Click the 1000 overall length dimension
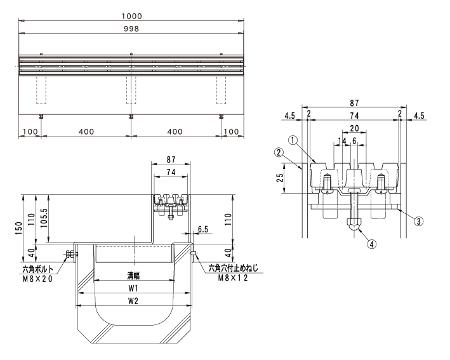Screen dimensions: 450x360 tap(131, 16)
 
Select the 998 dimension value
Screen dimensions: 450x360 tap(131, 29)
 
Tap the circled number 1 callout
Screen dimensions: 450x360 tap(293, 140)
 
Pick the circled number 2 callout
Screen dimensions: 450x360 tap(279, 152)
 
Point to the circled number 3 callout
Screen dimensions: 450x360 tap(419, 221)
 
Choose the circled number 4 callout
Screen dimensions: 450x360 tap(372, 244)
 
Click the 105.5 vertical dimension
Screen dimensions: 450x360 tap(43, 218)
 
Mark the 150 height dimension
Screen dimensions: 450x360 tap(18, 228)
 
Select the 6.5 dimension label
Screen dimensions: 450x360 tap(203, 229)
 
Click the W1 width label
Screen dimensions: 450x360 tap(133, 288)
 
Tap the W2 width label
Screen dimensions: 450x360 tap(133, 300)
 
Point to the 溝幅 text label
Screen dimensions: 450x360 tap(133, 276)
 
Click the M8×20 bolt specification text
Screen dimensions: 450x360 tap(37, 279)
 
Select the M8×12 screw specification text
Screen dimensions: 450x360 tap(233, 277)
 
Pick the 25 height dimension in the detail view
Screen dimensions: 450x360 tap(281, 178)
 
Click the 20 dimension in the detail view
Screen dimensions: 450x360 tap(354, 128)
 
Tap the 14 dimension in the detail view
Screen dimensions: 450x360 tap(342, 141)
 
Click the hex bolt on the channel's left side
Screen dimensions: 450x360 tap(70, 255)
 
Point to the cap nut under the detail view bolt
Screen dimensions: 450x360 tap(354, 224)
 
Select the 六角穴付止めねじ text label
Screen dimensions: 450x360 tap(233, 269)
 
